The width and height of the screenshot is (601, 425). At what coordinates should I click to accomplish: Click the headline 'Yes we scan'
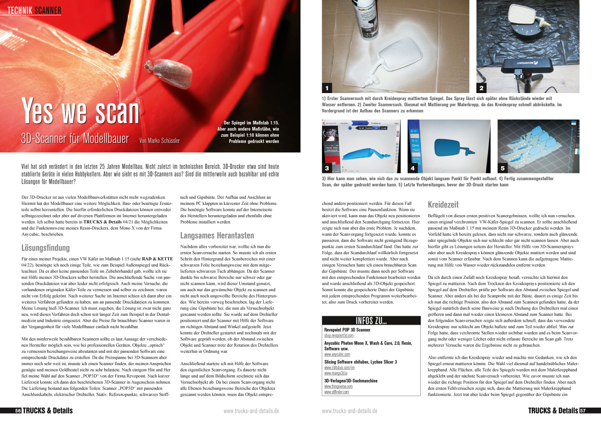[x=80, y=111]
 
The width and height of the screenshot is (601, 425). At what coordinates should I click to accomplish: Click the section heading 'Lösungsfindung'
[x=45, y=248]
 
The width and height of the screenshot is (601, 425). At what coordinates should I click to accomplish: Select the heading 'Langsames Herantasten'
[x=217, y=235]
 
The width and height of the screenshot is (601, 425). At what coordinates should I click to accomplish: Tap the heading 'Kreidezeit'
[x=443, y=204]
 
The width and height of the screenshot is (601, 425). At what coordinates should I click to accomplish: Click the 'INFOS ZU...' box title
[x=371, y=320]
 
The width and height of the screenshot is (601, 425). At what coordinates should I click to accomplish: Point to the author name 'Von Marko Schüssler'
[x=159, y=141]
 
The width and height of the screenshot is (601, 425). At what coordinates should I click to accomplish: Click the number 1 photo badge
[x=327, y=88]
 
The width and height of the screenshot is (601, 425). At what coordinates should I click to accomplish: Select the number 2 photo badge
[x=481, y=88]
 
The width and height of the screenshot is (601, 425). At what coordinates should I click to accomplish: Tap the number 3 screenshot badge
[x=327, y=168]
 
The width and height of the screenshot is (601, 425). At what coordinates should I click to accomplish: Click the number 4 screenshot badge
[x=412, y=168]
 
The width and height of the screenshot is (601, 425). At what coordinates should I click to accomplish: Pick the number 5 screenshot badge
[x=502, y=168]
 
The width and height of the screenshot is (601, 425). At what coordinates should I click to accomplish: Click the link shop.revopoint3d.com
[x=339, y=336]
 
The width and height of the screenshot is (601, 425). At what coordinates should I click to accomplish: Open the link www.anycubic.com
[x=337, y=354]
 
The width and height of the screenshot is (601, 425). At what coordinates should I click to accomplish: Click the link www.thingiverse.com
[x=338, y=387]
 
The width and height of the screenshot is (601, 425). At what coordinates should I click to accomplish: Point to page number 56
[x=18, y=411]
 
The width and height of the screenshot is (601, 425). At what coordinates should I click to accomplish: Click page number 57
[x=583, y=411]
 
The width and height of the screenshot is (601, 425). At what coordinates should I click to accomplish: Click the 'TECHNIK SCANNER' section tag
[x=34, y=11]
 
